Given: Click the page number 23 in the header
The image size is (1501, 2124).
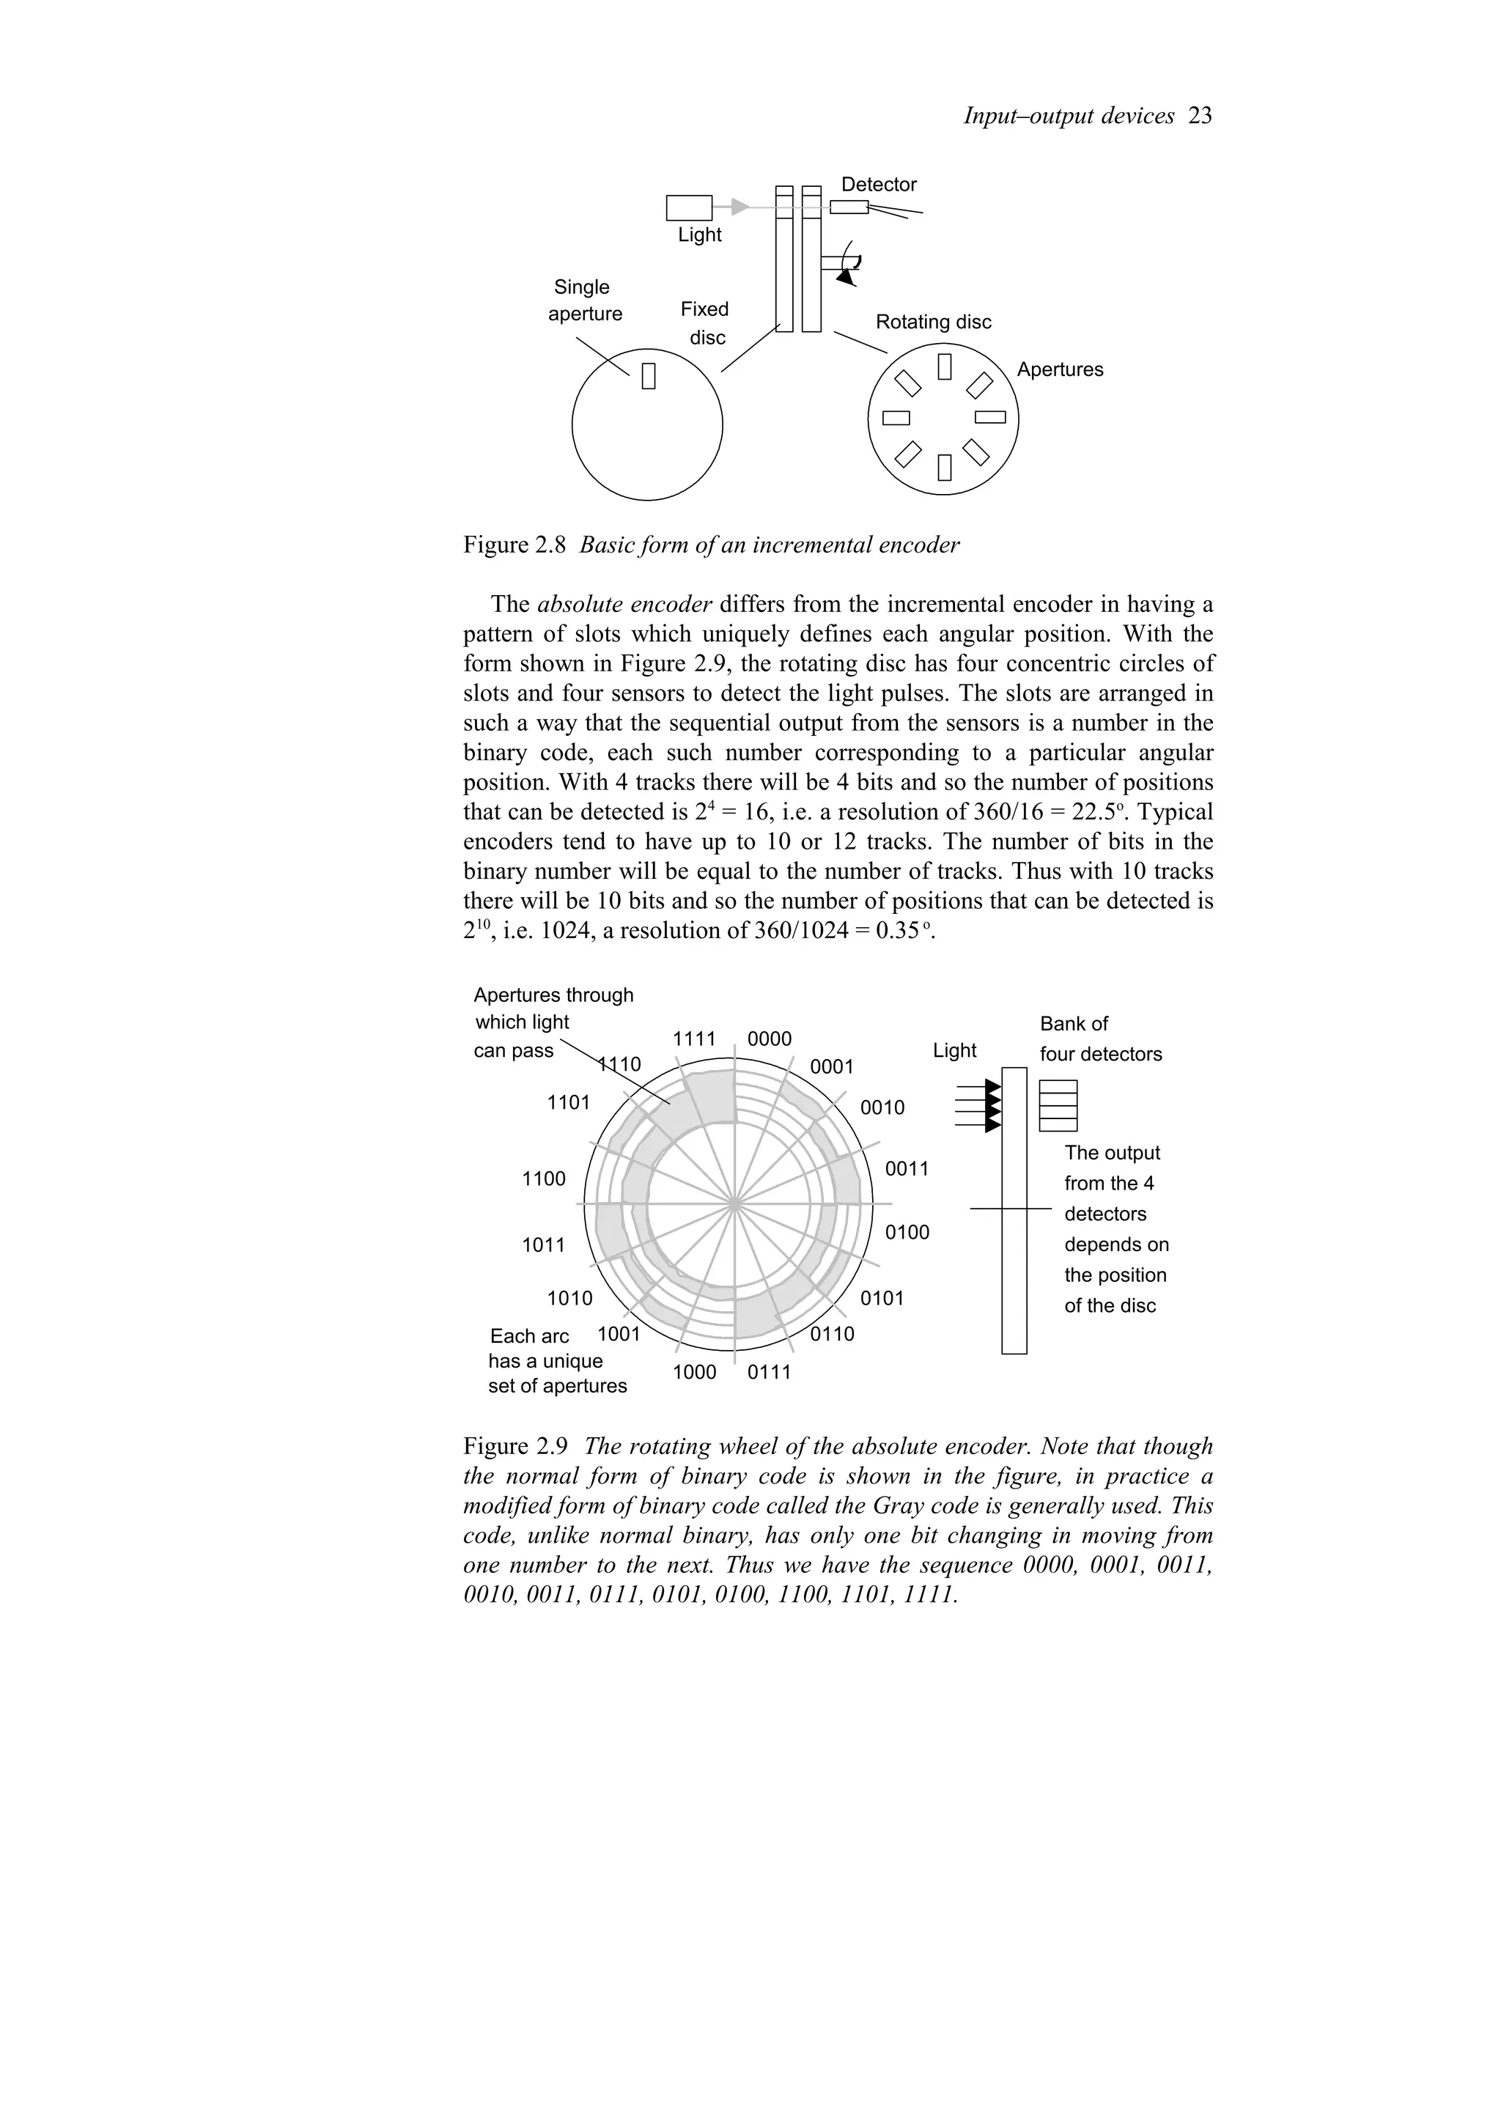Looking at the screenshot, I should [x=1200, y=116].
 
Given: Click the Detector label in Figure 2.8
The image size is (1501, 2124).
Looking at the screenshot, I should [x=878, y=184].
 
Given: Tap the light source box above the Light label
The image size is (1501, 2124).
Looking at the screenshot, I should [x=689, y=207].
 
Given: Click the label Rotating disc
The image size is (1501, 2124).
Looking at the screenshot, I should [x=932, y=322].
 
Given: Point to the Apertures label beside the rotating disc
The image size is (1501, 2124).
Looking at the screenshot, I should [x=1060, y=369].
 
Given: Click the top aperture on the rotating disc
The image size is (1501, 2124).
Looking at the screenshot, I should [x=944, y=366].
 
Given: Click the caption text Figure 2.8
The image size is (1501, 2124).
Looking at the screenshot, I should [x=515, y=545].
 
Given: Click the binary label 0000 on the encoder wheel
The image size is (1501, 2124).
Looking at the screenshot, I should [x=770, y=1039].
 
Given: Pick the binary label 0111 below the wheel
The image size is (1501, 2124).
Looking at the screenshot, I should [x=770, y=1372].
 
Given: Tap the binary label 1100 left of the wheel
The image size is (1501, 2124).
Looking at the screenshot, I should [x=544, y=1179].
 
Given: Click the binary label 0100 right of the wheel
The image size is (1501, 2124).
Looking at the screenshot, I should [x=907, y=1232].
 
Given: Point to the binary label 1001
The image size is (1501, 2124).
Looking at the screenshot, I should [x=619, y=1334].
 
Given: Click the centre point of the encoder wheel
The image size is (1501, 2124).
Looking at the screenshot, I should [x=734, y=1204].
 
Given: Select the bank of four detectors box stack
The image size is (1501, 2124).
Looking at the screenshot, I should [x=1058, y=1105].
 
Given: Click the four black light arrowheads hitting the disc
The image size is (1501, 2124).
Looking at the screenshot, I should [x=993, y=1105].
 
